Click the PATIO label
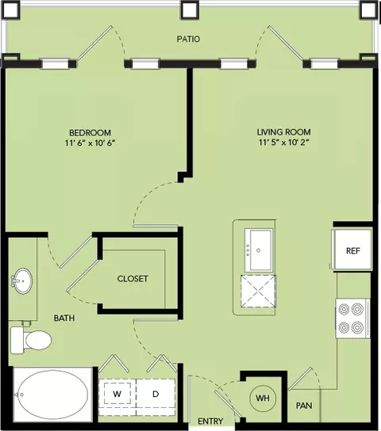click(188, 39)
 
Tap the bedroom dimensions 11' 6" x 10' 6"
click(90, 143)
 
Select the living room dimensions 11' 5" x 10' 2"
click(284, 143)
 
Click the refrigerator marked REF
click(352, 250)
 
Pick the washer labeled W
click(117, 394)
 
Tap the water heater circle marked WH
click(263, 398)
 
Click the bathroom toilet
click(31, 340)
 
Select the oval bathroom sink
click(23, 281)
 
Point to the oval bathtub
click(52, 395)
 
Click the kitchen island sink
click(259, 250)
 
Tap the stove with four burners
click(352, 318)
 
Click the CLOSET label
click(133, 279)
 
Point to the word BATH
click(64, 318)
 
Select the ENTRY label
click(210, 421)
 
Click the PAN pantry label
click(304, 406)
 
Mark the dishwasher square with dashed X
click(258, 292)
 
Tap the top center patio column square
click(190, 10)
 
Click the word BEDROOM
click(90, 133)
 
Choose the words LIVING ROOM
click(284, 132)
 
